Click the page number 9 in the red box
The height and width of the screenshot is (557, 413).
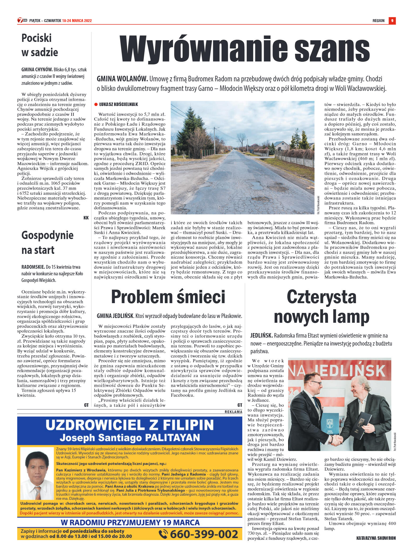pos(392,21)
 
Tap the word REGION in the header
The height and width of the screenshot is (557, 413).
pos(378,21)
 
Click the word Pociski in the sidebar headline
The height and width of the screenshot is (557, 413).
pos(37,38)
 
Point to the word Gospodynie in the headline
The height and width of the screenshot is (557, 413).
pos(47,235)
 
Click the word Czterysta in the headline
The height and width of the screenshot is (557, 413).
pos(321,297)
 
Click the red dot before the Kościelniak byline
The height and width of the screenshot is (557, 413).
pos(96,104)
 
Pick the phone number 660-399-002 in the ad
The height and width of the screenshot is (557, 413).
pos(204,534)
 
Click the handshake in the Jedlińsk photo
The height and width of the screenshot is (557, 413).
pos(337,440)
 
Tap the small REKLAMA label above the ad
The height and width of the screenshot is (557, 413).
pos(233,412)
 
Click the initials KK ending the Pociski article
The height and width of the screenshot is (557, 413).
pos(86,218)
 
